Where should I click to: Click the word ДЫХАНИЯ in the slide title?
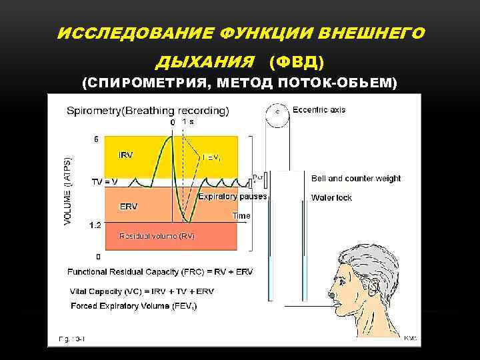point(205,62)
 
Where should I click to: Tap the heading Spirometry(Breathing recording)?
point(148,111)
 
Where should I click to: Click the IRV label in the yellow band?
point(125,155)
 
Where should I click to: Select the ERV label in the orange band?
point(128,207)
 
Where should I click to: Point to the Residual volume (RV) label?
point(157,236)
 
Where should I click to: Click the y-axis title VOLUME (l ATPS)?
point(70,191)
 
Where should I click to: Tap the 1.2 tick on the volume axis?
point(95,225)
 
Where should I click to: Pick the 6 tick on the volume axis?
point(97,139)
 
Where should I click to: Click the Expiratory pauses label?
point(233,197)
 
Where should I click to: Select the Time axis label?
point(241,215)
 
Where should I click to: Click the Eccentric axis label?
point(319,110)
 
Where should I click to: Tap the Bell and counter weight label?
point(356,178)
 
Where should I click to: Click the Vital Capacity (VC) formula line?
point(141,291)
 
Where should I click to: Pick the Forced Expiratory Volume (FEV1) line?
point(133,305)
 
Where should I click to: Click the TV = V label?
point(105,181)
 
